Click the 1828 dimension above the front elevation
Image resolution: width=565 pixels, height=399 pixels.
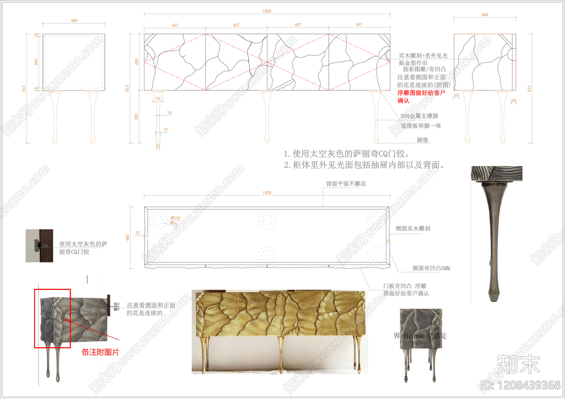point(267,11)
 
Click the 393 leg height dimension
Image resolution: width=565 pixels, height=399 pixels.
point(136,116)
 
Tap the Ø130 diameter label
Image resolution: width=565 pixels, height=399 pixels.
point(176,218)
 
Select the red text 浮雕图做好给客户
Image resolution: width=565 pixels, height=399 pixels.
point(421,93)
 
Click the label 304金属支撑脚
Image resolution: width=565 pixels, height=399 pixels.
point(419,116)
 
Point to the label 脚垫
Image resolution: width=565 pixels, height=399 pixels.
point(422,140)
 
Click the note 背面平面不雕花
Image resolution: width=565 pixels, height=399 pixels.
point(346,184)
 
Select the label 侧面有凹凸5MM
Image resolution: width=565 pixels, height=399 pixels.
point(431,268)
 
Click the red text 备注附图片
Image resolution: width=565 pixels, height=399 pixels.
point(100,352)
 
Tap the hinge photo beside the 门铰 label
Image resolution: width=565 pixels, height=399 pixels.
point(39,246)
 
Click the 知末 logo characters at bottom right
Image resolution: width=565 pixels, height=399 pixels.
point(518,364)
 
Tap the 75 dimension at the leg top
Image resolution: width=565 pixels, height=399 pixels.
point(158,99)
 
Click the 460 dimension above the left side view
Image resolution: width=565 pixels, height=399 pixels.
point(74,21)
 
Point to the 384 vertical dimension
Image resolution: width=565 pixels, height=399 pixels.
point(36,62)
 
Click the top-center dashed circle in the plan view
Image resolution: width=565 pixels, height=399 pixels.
point(267,220)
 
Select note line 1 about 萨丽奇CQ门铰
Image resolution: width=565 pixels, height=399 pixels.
point(347,154)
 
